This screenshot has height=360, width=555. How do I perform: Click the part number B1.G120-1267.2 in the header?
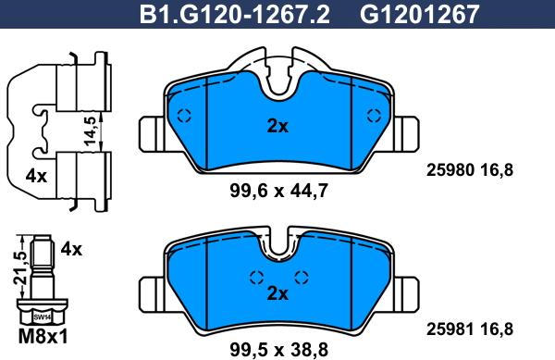(234, 15)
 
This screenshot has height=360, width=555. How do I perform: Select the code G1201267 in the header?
(419, 15)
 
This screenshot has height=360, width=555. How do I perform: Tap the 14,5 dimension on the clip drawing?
(91, 130)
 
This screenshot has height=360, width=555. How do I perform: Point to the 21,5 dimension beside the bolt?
(20, 267)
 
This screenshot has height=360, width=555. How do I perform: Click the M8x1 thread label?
(43, 336)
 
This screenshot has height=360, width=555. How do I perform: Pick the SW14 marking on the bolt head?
(43, 317)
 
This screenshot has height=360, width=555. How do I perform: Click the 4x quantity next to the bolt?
(71, 250)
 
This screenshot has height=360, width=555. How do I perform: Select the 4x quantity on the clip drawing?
(36, 176)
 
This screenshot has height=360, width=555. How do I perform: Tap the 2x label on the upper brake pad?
(277, 126)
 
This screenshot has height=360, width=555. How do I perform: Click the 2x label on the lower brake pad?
(277, 293)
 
